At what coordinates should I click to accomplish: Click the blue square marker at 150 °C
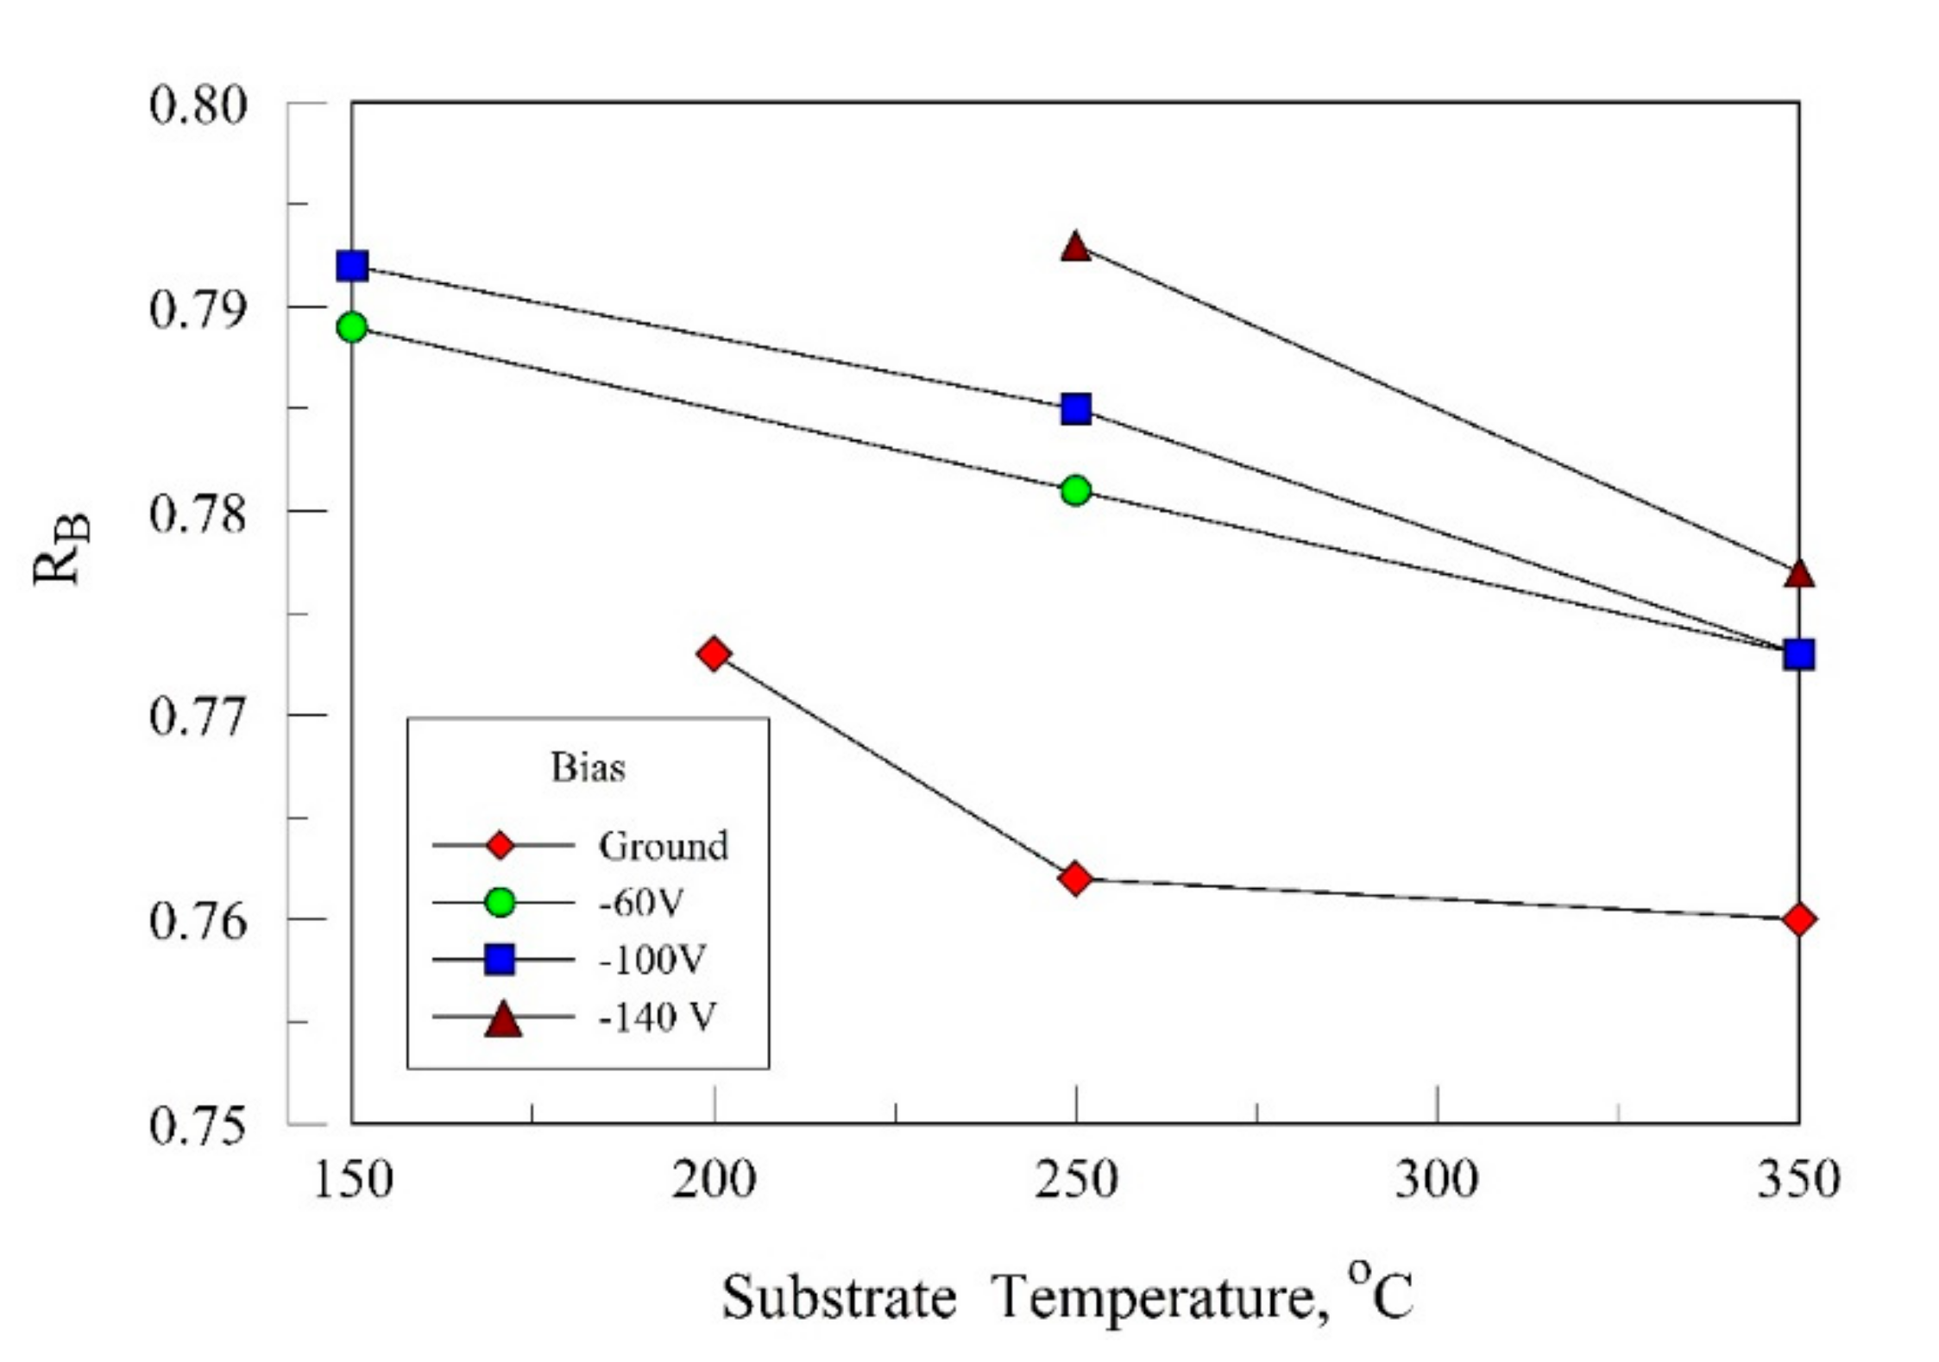point(352,266)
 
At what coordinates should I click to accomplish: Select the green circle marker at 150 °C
point(352,327)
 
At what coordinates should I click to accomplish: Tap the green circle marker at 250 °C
point(1075,490)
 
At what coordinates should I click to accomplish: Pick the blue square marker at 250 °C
point(1075,408)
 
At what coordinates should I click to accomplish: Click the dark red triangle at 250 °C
point(1075,248)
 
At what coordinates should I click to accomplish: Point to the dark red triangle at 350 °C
point(1798,575)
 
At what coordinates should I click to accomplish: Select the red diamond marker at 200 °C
point(714,653)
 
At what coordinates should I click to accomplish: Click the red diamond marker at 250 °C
point(1075,879)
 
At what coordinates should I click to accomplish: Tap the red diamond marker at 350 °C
point(1798,919)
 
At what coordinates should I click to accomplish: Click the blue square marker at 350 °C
point(1798,654)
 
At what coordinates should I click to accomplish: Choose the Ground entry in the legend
point(663,846)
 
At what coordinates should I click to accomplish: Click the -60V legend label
point(641,903)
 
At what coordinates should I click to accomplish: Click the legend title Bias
point(588,767)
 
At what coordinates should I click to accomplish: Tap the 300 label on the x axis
point(1437,1179)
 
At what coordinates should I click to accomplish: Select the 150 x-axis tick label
point(352,1179)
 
